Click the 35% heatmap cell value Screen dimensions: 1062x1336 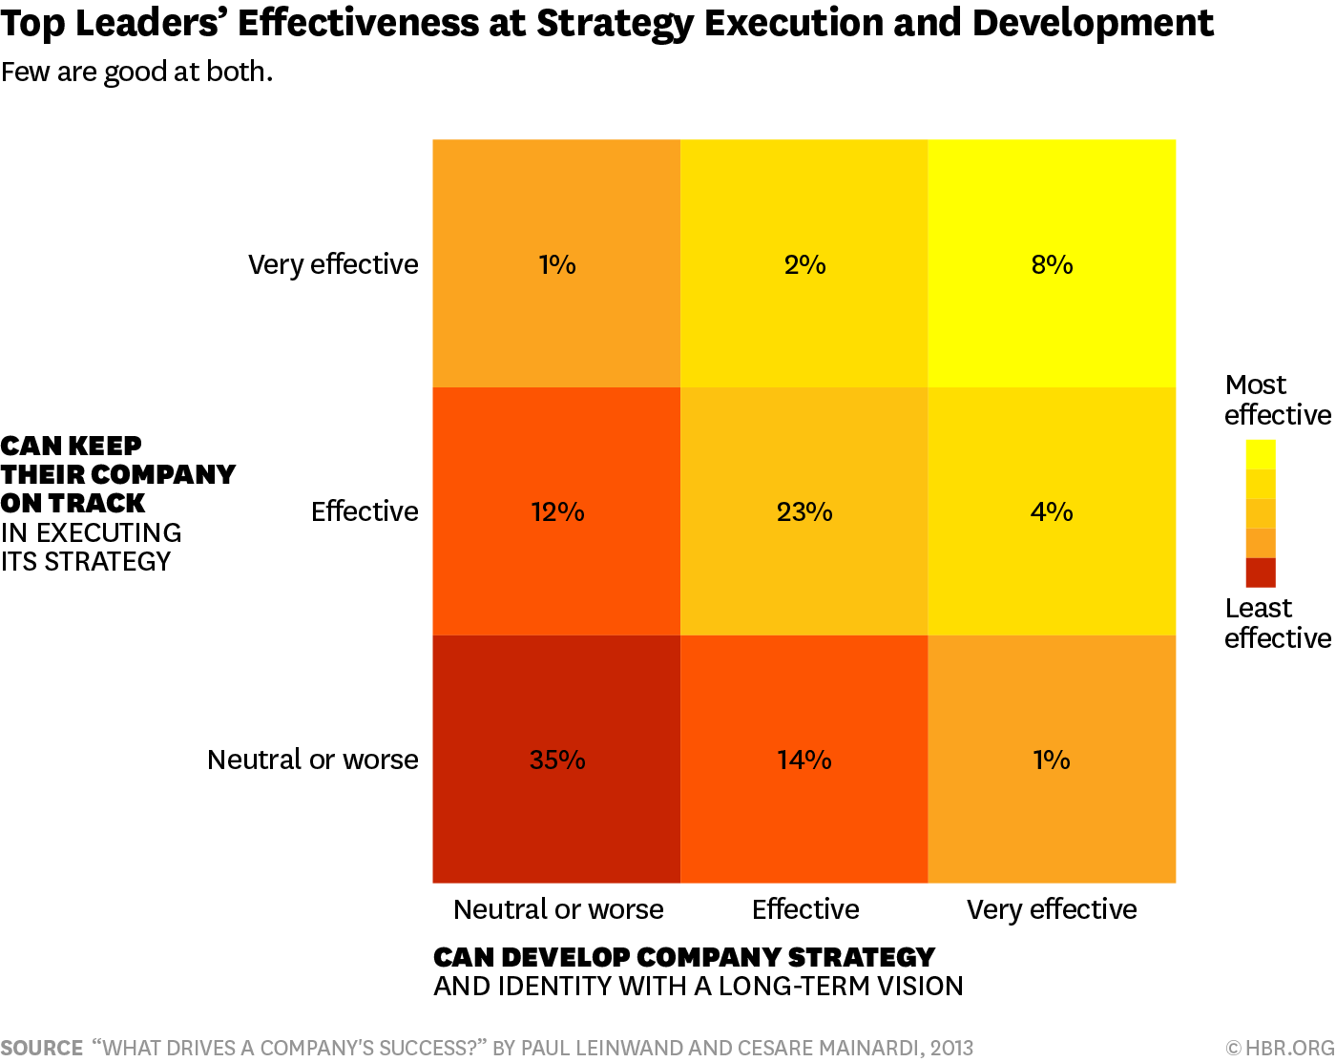pyautogui.click(x=557, y=760)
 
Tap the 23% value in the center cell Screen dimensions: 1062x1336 pyautogui.click(x=804, y=511)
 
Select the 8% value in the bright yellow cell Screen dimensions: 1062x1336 pyautogui.click(x=1052, y=264)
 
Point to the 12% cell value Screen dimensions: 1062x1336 pyautogui.click(x=557, y=511)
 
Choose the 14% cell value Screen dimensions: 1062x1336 pyautogui.click(x=804, y=760)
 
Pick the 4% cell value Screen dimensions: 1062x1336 pyautogui.click(x=1052, y=511)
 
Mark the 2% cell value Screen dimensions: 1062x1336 pyautogui.click(x=804, y=264)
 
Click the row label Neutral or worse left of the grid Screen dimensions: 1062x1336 pyautogui.click(x=313, y=760)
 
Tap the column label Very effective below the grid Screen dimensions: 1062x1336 pyautogui.click(x=1052, y=909)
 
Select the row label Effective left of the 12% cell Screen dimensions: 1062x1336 pyautogui.click(x=365, y=511)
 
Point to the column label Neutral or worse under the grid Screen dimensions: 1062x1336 pyautogui.click(x=558, y=909)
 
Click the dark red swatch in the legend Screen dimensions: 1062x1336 pyautogui.click(x=1261, y=572)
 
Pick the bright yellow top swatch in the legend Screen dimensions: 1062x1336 pyautogui.click(x=1261, y=454)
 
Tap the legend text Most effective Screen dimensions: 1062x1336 pyautogui.click(x=1277, y=400)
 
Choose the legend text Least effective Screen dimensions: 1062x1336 pyautogui.click(x=1277, y=623)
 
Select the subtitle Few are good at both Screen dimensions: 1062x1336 pyautogui.click(x=136, y=72)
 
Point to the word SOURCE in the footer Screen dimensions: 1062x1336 pyautogui.click(x=42, y=1048)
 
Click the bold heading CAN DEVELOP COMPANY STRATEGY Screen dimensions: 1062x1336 pyautogui.click(x=683, y=957)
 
